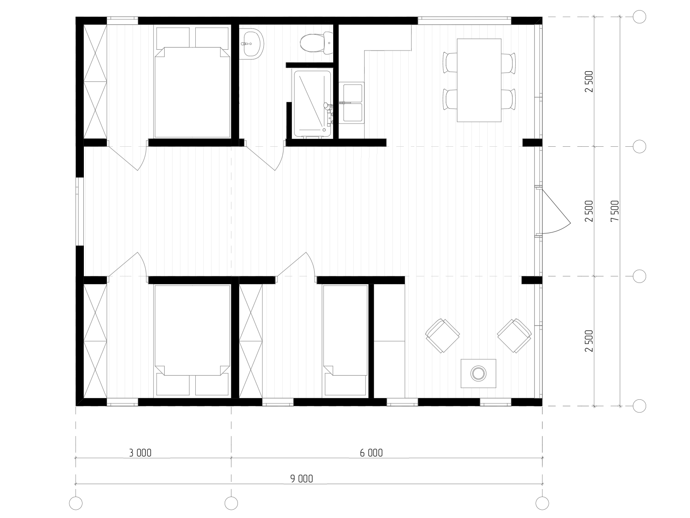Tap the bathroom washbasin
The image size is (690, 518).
251,43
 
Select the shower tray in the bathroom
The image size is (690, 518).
312,104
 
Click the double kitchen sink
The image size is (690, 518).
352,102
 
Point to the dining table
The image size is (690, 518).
479,80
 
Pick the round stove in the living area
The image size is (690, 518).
478,373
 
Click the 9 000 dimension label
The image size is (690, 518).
302,479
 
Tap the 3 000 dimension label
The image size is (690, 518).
140,453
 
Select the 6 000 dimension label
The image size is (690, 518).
371,453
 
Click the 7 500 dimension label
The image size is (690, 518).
615,211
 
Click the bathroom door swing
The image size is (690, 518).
270,157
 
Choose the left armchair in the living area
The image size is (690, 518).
442,336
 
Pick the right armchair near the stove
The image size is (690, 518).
514,336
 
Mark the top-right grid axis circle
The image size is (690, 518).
639,17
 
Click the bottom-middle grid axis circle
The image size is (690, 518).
231,503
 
